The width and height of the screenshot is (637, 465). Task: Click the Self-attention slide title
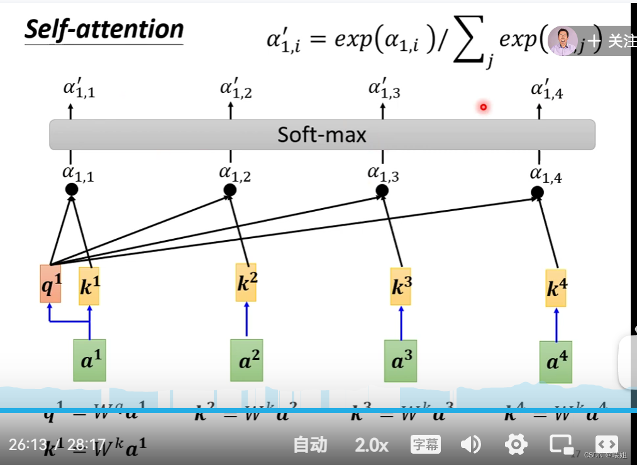point(104,30)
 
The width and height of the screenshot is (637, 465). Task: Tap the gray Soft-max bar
point(322,134)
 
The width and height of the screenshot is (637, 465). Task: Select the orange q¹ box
point(51,284)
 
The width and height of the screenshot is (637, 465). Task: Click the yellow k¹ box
point(89,286)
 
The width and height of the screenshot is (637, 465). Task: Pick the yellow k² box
point(246,283)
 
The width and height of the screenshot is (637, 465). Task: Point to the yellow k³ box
point(401,287)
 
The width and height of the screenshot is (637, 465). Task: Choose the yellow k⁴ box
point(556,288)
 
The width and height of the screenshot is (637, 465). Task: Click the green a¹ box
point(89,360)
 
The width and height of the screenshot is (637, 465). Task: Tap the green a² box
point(246,361)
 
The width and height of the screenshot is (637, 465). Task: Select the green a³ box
point(401,361)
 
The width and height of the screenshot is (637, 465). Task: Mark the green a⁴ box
point(556,363)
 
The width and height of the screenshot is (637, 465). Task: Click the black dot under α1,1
point(72,189)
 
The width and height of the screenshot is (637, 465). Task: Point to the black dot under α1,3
point(382,190)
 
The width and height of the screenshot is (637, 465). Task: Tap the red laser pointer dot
point(483,107)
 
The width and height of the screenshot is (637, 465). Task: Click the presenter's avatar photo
point(562,41)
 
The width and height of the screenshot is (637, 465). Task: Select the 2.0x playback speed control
point(371,445)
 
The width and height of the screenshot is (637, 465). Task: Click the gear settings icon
point(516,445)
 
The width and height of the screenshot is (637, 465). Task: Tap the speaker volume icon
point(470,445)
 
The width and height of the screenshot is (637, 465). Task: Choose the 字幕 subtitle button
point(425,445)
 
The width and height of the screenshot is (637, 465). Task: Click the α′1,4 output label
point(546,90)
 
